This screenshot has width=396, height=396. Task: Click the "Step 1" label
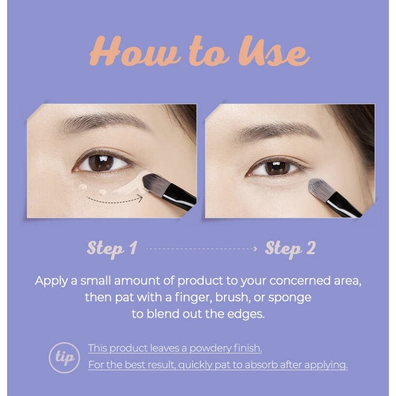point(112,248)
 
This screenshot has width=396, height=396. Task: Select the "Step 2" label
point(290,248)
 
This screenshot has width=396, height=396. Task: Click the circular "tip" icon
point(64,357)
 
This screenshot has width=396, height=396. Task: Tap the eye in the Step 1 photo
point(102,162)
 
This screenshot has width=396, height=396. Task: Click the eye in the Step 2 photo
point(277,168)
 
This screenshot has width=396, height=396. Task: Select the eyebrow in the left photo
point(102,123)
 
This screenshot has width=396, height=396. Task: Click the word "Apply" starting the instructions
point(50,281)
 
